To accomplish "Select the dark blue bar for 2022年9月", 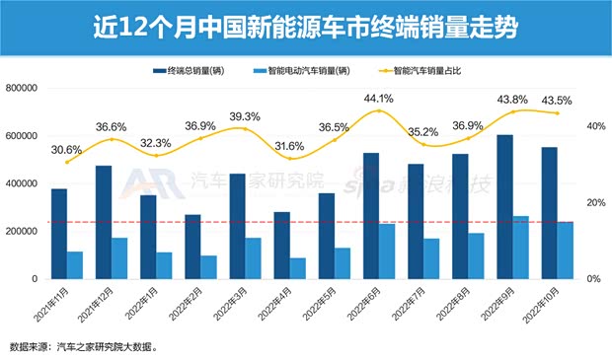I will pyautogui.click(x=503, y=207).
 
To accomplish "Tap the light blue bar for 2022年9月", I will pyautogui.click(x=520, y=247).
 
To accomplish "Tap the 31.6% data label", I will pyautogui.click(x=289, y=146).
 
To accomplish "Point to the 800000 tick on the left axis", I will pyautogui.click(x=21, y=89).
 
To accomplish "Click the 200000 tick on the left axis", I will pyautogui.click(x=21, y=232).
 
